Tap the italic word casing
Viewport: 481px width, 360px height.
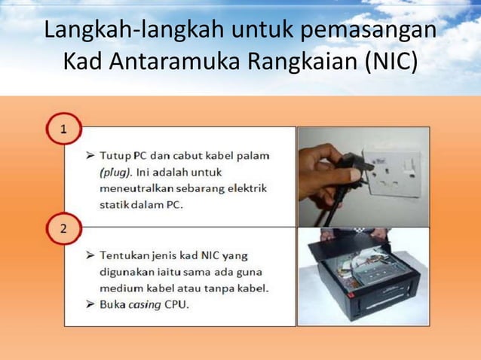point(147,305)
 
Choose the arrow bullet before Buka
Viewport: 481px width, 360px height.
point(90,305)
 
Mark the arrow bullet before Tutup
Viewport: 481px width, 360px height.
point(90,156)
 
